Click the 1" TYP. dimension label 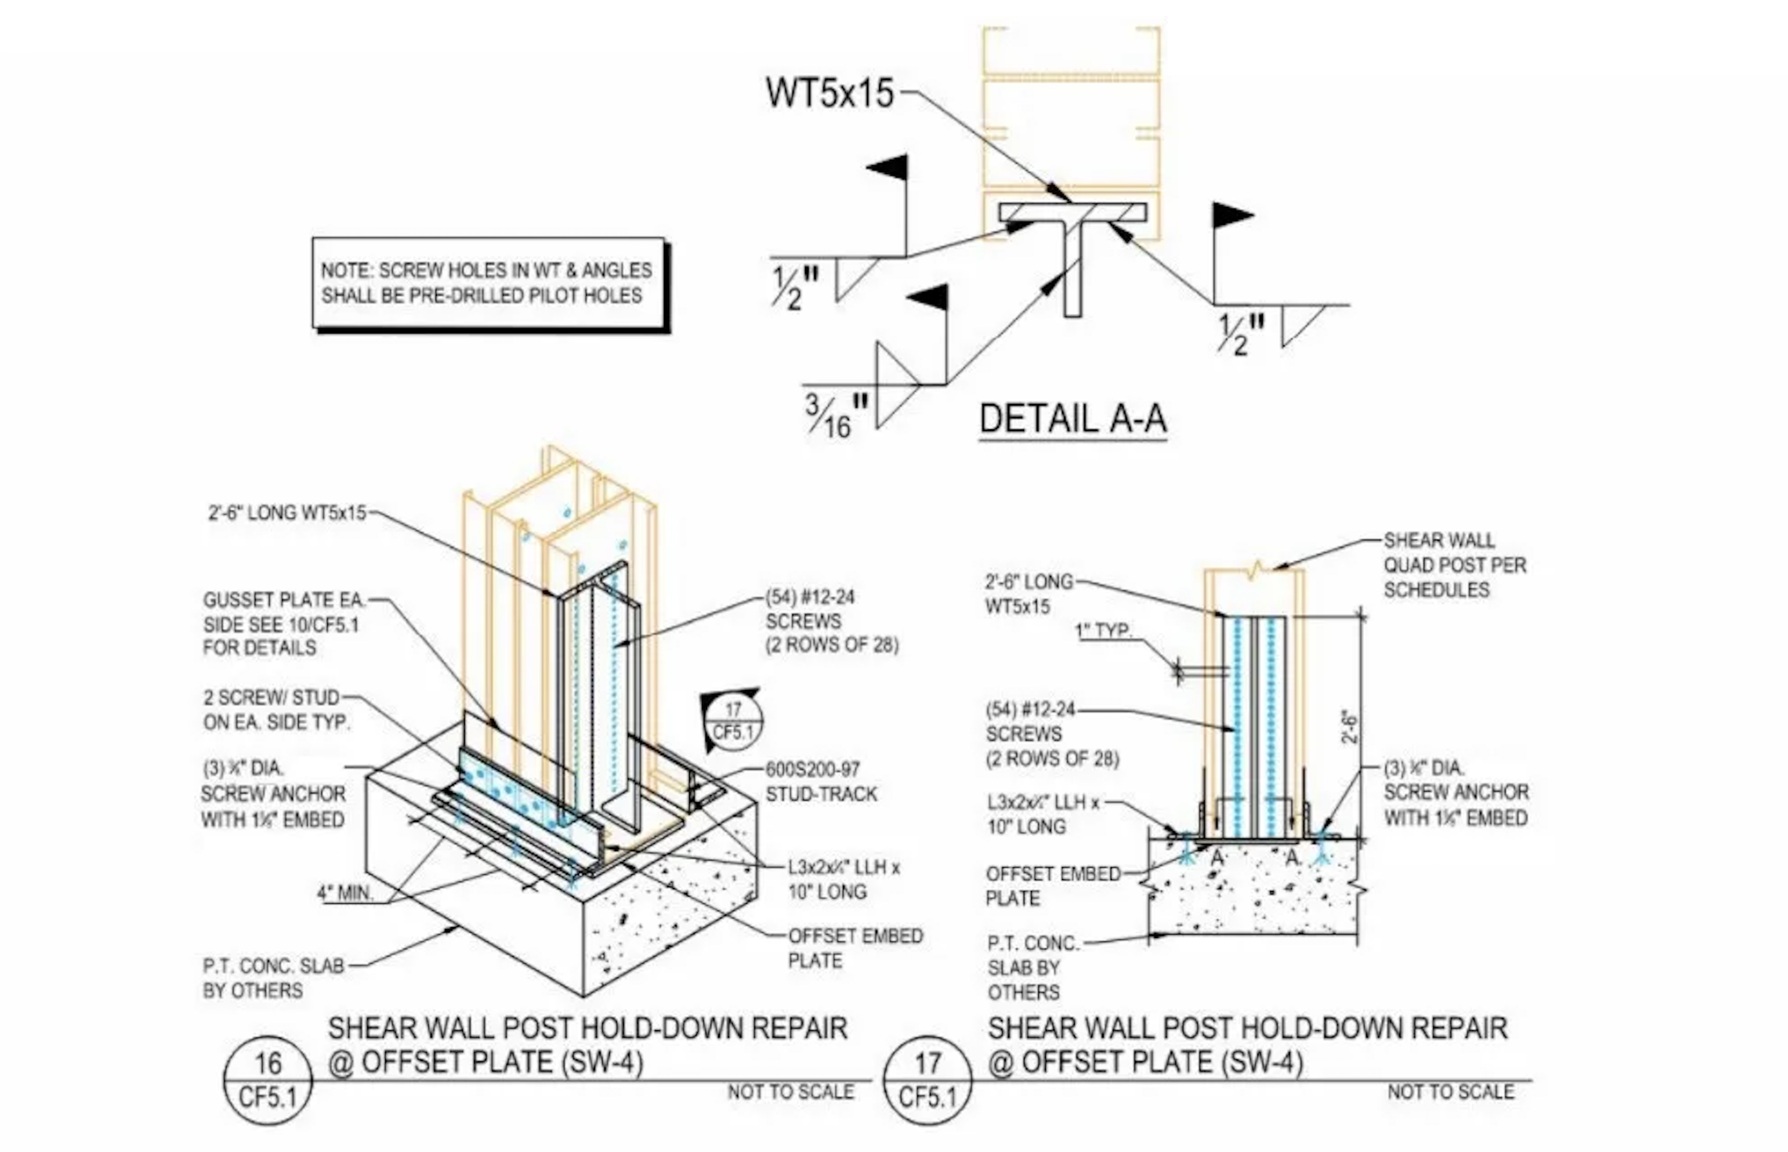[1103, 631]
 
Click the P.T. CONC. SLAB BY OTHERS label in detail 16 [273, 978]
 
